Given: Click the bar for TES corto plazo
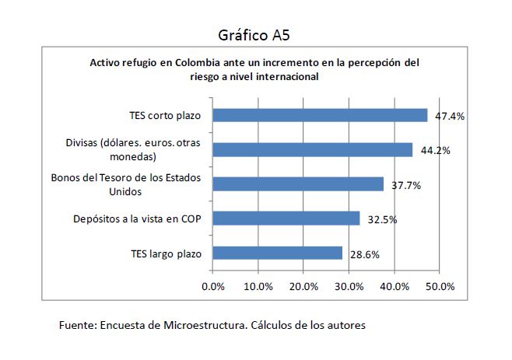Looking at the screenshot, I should pos(320,115).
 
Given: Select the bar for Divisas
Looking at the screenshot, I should pos(313,149).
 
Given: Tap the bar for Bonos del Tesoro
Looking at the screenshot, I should pos(298,183).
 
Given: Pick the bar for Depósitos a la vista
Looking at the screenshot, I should pos(286,218).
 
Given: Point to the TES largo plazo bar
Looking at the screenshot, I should pos(277,253).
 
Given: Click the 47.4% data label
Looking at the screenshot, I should pos(450,117).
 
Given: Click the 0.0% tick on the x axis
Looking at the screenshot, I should pos(212,286).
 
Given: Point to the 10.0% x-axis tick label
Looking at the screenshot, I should pos(258,286).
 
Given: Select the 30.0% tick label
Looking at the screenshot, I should pos(349,286).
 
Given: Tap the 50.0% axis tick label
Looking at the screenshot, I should pos(440,286).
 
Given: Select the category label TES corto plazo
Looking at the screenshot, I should pos(165,116).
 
